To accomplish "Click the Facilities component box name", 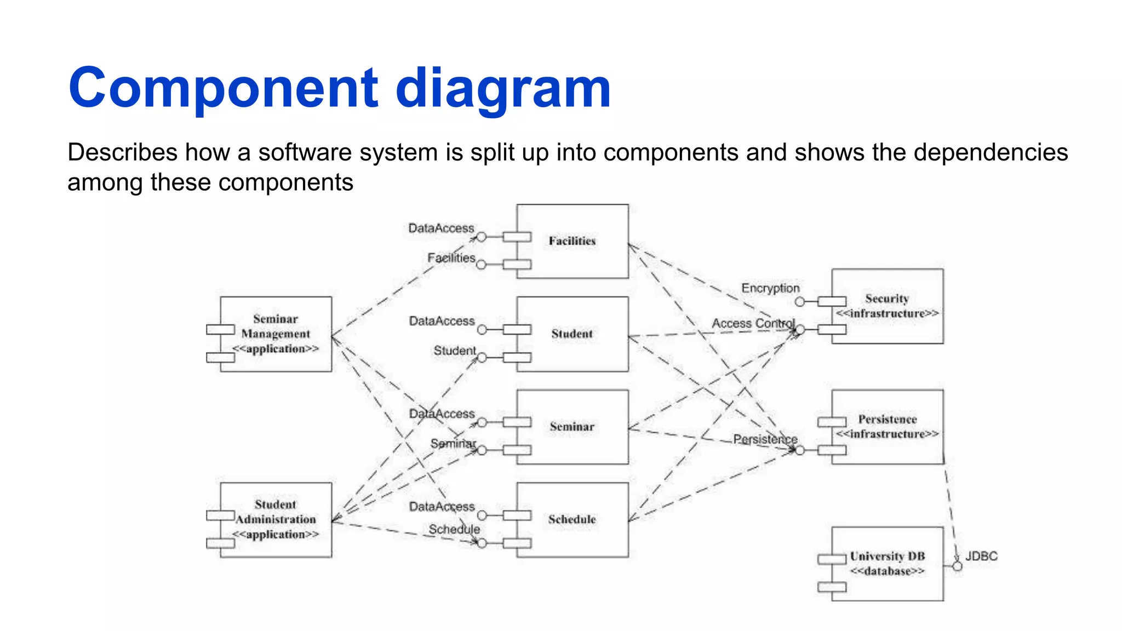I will pyautogui.click(x=572, y=241).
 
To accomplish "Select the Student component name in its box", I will pyautogui.click(x=572, y=334).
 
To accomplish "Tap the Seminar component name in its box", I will pyautogui.click(x=572, y=427).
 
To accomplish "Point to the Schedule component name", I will pyautogui.click(x=572, y=519).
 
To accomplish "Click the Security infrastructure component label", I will pyautogui.click(x=887, y=306).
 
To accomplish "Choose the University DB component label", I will pyautogui.click(x=887, y=563).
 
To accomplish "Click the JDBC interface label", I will pyautogui.click(x=981, y=556).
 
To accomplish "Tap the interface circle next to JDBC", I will pyautogui.click(x=957, y=566).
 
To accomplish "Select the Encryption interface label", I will pyautogui.click(x=770, y=288).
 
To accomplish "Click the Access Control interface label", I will pyautogui.click(x=753, y=323).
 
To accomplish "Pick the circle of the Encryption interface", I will pyautogui.click(x=800, y=302).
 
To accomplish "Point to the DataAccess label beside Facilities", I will pyautogui.click(x=441, y=228).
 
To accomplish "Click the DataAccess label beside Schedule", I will pyautogui.click(x=442, y=507).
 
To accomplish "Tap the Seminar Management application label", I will pyautogui.click(x=276, y=334).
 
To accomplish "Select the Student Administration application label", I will pyautogui.click(x=276, y=519).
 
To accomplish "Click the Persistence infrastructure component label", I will pyautogui.click(x=887, y=426).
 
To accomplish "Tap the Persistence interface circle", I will pyautogui.click(x=800, y=450).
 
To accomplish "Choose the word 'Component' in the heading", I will pyautogui.click(x=223, y=88).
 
